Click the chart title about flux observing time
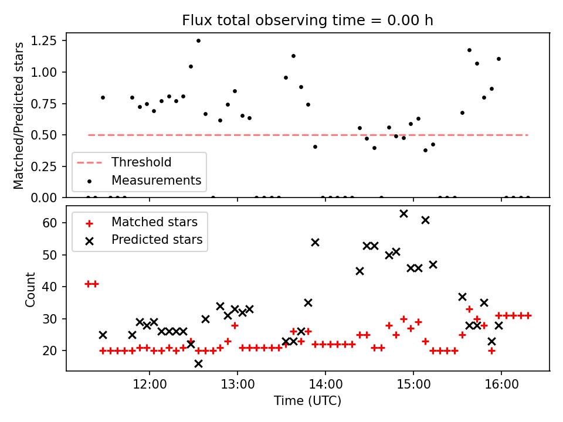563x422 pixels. click(307, 21)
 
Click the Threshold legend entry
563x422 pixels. click(141, 162)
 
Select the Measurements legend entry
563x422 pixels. click(156, 180)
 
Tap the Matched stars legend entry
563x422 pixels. click(154, 222)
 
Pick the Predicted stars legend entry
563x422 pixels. click(157, 240)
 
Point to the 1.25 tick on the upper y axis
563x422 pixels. click(47, 40)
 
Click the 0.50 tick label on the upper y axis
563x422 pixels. click(47, 135)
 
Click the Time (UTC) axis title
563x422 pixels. click(307, 401)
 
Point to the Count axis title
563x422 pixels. click(30, 289)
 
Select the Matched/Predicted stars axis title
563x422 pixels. click(19, 115)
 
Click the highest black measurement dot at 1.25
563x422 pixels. click(198, 40)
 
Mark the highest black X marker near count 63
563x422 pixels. click(403, 213)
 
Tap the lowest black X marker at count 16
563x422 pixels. click(198, 363)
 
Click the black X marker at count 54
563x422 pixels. click(315, 242)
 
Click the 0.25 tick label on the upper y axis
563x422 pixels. click(47, 166)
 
